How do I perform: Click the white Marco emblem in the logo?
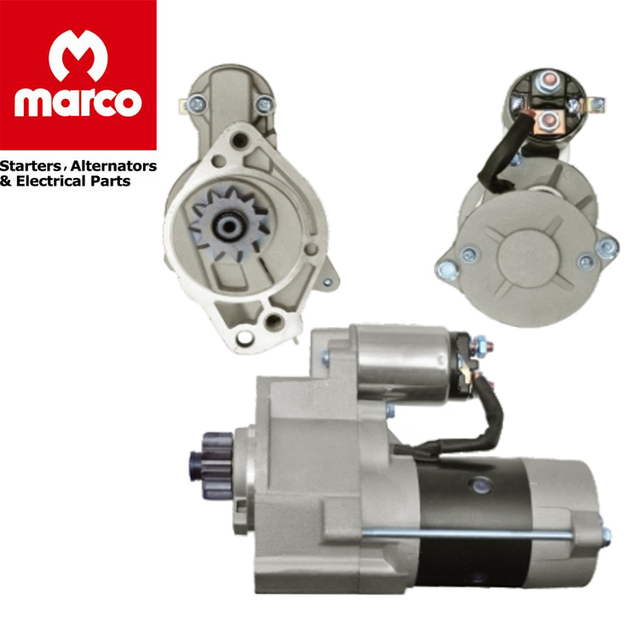click(78, 56)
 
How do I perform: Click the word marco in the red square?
click(78, 102)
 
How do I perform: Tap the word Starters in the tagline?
click(31, 166)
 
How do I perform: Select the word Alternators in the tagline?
click(113, 166)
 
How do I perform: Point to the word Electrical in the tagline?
click(51, 181)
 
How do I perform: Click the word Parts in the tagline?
click(111, 181)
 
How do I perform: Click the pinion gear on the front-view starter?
click(229, 223)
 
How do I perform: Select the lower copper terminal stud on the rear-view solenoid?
click(547, 120)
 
